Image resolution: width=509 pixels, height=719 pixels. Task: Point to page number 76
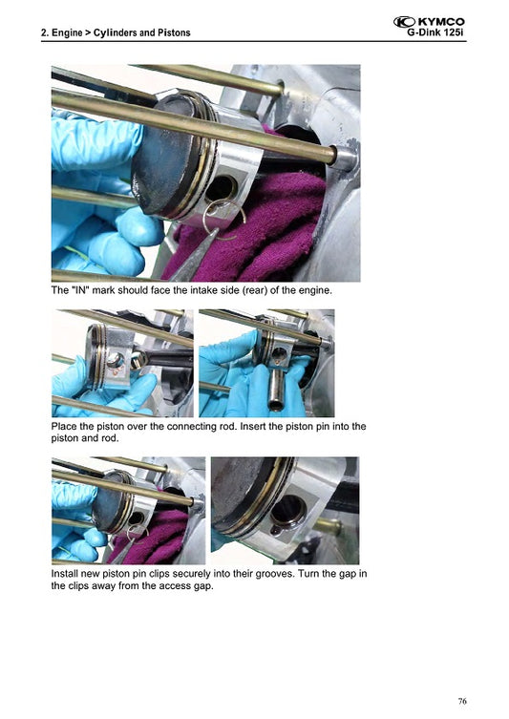[462, 702]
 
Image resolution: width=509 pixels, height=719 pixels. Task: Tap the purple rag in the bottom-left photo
[158, 535]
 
